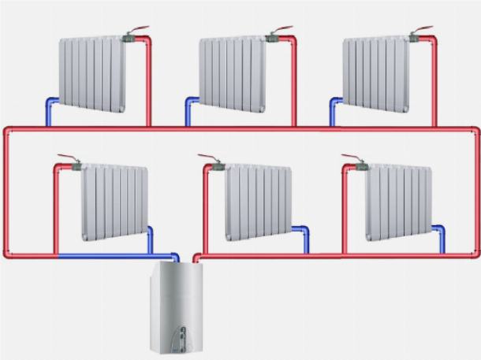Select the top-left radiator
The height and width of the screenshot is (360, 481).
click(91, 74)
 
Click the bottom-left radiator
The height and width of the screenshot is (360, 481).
click(115, 201)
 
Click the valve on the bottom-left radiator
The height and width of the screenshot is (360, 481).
click(75, 166)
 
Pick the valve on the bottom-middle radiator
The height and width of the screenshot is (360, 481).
click(218, 166)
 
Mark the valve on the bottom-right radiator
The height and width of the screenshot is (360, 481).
click(360, 166)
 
